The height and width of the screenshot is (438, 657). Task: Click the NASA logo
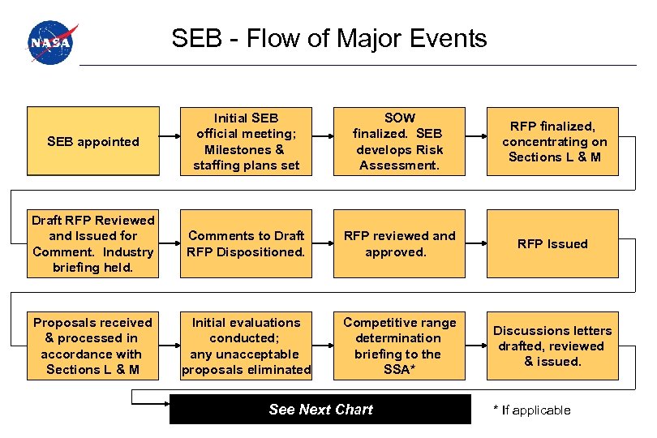[x=50, y=43]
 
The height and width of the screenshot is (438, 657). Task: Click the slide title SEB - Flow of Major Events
[x=328, y=38]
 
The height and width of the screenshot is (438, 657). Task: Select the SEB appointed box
[x=93, y=141]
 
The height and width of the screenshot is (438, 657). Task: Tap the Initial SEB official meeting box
[x=246, y=141]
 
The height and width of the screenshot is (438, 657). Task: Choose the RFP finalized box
[x=554, y=141]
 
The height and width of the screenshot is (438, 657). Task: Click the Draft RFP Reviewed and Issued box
[x=93, y=243]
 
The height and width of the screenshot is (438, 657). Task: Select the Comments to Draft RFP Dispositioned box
[x=246, y=243]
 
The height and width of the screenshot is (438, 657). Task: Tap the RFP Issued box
[x=554, y=243]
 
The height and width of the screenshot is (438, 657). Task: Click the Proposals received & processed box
[x=93, y=346]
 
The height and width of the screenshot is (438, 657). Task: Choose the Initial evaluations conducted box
[x=246, y=346]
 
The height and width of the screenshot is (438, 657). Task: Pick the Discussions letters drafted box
[x=554, y=346]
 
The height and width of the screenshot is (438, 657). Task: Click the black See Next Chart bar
[x=320, y=410]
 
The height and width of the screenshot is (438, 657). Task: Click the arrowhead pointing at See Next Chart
[x=165, y=397]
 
